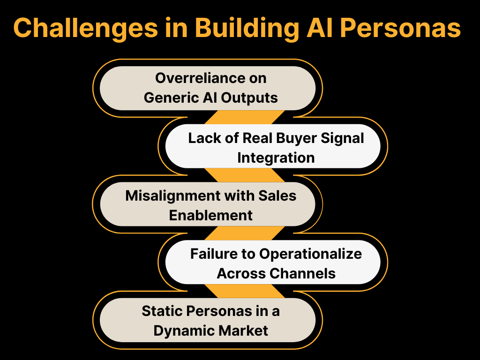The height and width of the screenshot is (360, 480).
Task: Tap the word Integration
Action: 276,157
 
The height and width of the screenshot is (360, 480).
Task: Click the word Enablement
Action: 210,215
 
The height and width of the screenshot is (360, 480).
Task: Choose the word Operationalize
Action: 311,254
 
